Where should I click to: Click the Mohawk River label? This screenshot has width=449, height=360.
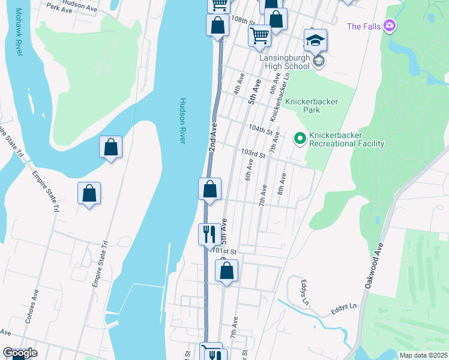[19, 32]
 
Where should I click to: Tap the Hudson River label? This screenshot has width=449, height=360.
[183, 121]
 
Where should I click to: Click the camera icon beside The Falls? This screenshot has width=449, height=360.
[390, 25]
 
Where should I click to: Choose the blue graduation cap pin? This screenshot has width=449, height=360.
[315, 41]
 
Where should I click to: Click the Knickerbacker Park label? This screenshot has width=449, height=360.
[312, 106]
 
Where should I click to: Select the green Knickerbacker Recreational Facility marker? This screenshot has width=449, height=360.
[300, 139]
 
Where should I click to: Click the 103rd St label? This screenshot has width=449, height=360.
[253, 154]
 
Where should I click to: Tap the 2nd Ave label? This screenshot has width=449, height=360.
[212, 138]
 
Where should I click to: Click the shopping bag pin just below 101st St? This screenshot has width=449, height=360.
[226, 271]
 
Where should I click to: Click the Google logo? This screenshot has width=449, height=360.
[20, 353]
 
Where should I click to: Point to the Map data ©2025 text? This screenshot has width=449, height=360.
[423, 355]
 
